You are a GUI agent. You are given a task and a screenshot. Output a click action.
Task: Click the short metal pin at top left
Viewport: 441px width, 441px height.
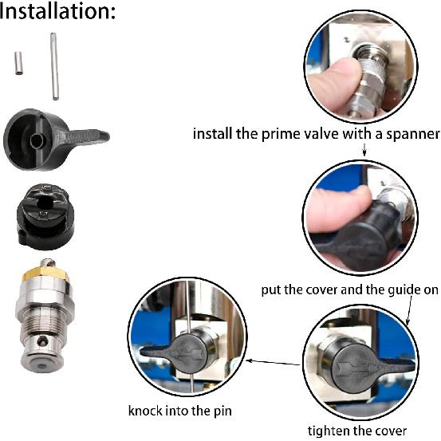(x=18, y=63)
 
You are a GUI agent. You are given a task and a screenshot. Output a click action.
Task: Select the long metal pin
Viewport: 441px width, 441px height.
(x=54, y=66)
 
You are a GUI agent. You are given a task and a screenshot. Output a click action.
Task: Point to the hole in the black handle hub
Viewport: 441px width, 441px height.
(x=37, y=140)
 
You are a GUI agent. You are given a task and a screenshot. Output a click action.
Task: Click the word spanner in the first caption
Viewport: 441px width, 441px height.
(x=404, y=133)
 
